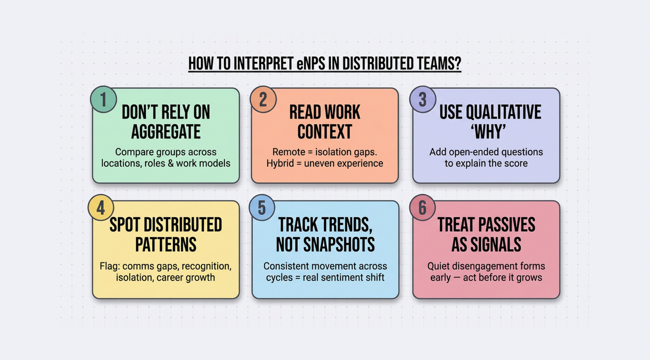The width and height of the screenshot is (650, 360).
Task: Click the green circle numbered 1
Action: [x=104, y=99]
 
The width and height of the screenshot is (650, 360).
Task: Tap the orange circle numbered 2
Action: [x=263, y=99]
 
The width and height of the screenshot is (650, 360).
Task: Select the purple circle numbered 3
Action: [x=423, y=99]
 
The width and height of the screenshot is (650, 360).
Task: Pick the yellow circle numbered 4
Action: [x=101, y=208]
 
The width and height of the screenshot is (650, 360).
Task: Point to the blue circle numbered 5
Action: [x=262, y=208]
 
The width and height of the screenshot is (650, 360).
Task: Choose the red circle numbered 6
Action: [x=423, y=208]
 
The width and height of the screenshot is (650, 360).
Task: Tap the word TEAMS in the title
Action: [x=436, y=64]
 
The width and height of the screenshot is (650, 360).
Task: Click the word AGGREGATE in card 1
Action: [x=166, y=132]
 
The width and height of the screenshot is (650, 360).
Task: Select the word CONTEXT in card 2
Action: [x=324, y=132]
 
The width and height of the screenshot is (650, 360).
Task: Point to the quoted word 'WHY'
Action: [x=486, y=132]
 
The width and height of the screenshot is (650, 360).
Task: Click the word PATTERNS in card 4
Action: [x=166, y=244]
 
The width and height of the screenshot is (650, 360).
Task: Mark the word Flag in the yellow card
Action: [x=109, y=266]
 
